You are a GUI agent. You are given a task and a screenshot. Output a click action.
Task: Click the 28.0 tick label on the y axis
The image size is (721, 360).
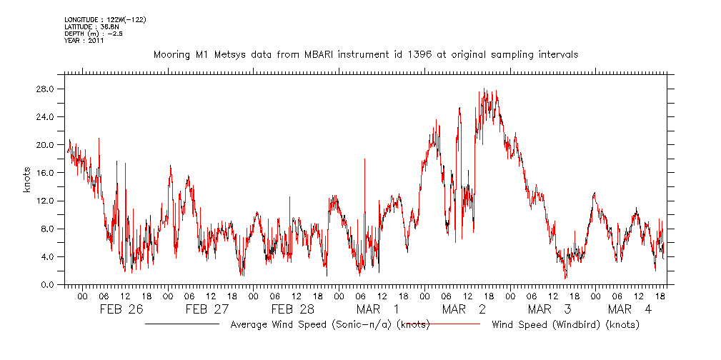point(47,89)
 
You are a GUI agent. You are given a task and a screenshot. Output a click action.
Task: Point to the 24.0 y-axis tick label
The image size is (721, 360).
point(47,117)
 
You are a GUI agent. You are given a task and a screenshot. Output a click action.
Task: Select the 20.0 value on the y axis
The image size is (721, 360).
point(47,145)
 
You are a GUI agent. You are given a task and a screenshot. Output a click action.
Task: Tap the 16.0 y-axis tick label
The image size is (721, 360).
point(47,173)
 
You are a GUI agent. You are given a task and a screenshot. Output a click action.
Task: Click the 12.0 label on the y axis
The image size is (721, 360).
point(47,201)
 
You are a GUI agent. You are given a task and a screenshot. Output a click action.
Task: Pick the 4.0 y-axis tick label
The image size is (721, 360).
point(49,257)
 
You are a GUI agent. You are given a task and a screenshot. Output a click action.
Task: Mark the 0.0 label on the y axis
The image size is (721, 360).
point(49,285)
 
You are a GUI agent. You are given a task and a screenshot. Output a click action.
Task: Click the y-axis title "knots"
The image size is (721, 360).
point(27,187)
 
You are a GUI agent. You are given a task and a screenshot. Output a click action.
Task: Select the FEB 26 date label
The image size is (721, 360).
point(121,309)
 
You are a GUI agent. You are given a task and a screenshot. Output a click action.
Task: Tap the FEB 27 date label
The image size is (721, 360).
point(207,309)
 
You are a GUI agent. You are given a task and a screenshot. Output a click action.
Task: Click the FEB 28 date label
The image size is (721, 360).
point(292,309)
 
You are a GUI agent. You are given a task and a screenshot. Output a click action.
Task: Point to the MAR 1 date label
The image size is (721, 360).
point(378,309)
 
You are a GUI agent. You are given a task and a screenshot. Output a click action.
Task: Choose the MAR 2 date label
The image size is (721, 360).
point(464,309)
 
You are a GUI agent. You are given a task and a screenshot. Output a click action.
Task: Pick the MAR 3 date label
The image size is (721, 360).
point(550,309)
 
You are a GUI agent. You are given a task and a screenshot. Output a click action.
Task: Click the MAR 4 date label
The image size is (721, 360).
point(630,309)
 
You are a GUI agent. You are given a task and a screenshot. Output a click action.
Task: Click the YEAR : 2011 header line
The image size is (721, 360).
point(84,41)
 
